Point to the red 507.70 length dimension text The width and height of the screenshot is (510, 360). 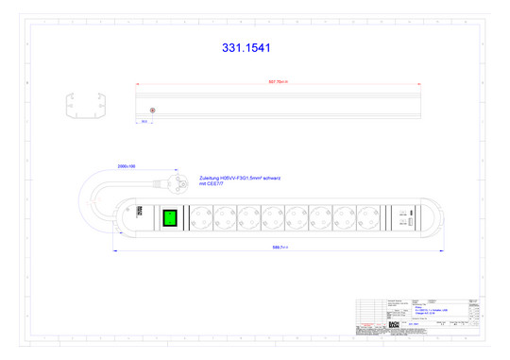pos(278,82)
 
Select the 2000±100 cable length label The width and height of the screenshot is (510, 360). pos(127,166)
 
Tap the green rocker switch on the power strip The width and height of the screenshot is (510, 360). pos(170,217)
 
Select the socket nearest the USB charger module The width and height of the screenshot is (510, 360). pos(369,217)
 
